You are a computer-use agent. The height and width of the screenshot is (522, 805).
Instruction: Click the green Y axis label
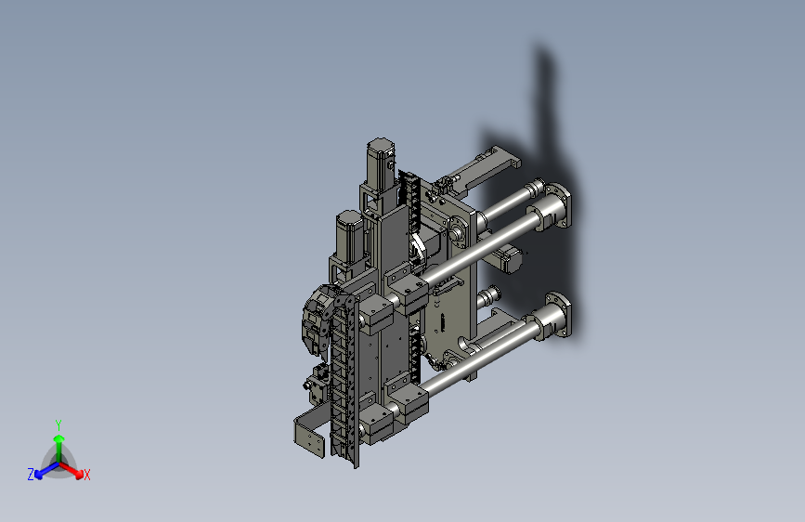click(x=58, y=425)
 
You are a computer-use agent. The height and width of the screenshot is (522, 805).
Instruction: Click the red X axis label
click(x=86, y=475)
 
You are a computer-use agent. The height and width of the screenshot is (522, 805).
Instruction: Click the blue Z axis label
click(x=31, y=475)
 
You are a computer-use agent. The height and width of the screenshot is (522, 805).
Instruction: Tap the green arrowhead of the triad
click(x=59, y=438)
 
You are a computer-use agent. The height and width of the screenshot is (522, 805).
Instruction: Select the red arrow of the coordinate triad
click(x=71, y=470)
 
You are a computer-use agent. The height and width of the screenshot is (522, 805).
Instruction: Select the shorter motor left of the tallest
click(x=350, y=235)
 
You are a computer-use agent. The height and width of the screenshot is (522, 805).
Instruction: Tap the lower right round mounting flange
click(x=558, y=315)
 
